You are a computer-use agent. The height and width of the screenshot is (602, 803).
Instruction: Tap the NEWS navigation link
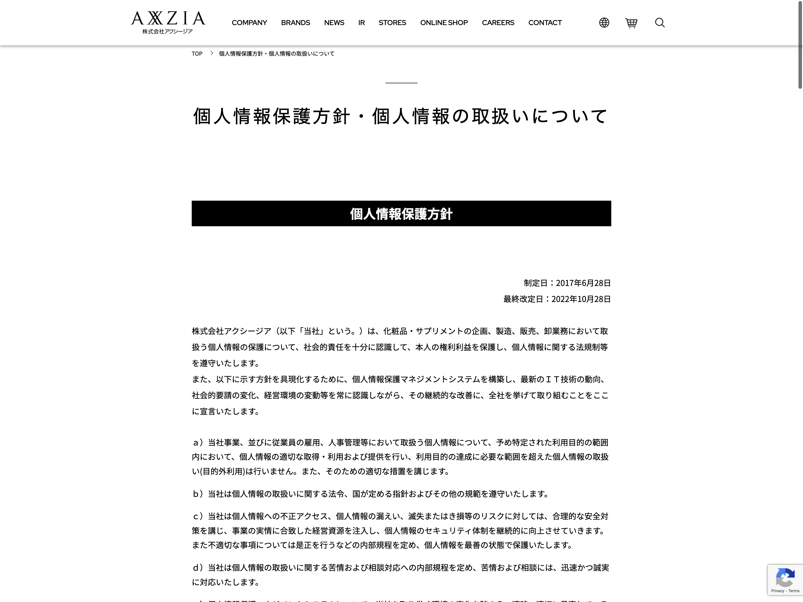click(334, 23)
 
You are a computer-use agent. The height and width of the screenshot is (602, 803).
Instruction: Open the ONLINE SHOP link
click(444, 23)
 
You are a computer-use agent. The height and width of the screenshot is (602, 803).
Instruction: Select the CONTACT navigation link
click(545, 23)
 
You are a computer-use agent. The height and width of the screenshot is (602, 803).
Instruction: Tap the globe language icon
click(604, 23)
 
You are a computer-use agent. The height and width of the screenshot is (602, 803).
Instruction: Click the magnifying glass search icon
click(660, 23)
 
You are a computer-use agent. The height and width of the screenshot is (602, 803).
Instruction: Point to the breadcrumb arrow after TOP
click(212, 53)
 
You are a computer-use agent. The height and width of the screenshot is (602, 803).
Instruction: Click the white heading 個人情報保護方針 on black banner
click(401, 214)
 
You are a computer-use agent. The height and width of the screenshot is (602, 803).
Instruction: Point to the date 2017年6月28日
click(583, 283)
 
